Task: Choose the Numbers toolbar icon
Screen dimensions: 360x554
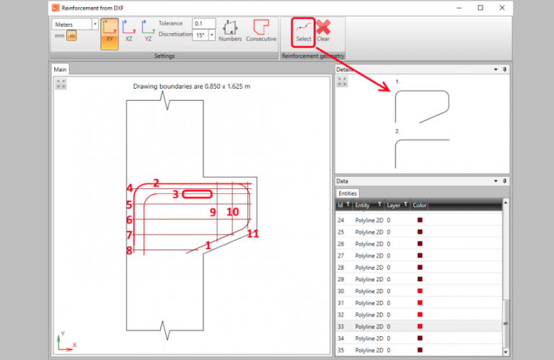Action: click(230, 31)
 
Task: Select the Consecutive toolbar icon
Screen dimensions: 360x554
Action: click(261, 31)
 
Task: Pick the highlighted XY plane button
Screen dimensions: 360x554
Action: click(110, 32)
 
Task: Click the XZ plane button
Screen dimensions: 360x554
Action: click(129, 32)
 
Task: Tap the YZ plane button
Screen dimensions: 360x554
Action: click(148, 32)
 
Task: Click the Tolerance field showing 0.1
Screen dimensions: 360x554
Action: click(203, 23)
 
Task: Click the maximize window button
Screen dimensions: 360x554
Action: click(480, 7)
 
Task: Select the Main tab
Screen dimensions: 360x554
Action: click(61, 70)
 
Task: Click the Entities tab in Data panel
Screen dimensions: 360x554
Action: click(348, 193)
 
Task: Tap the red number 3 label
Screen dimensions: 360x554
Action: click(175, 194)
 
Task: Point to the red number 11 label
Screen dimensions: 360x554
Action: click(252, 234)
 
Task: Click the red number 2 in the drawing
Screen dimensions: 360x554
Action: click(156, 183)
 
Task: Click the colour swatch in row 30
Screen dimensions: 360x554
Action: click(420, 290)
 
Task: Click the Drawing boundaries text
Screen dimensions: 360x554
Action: click(192, 87)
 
